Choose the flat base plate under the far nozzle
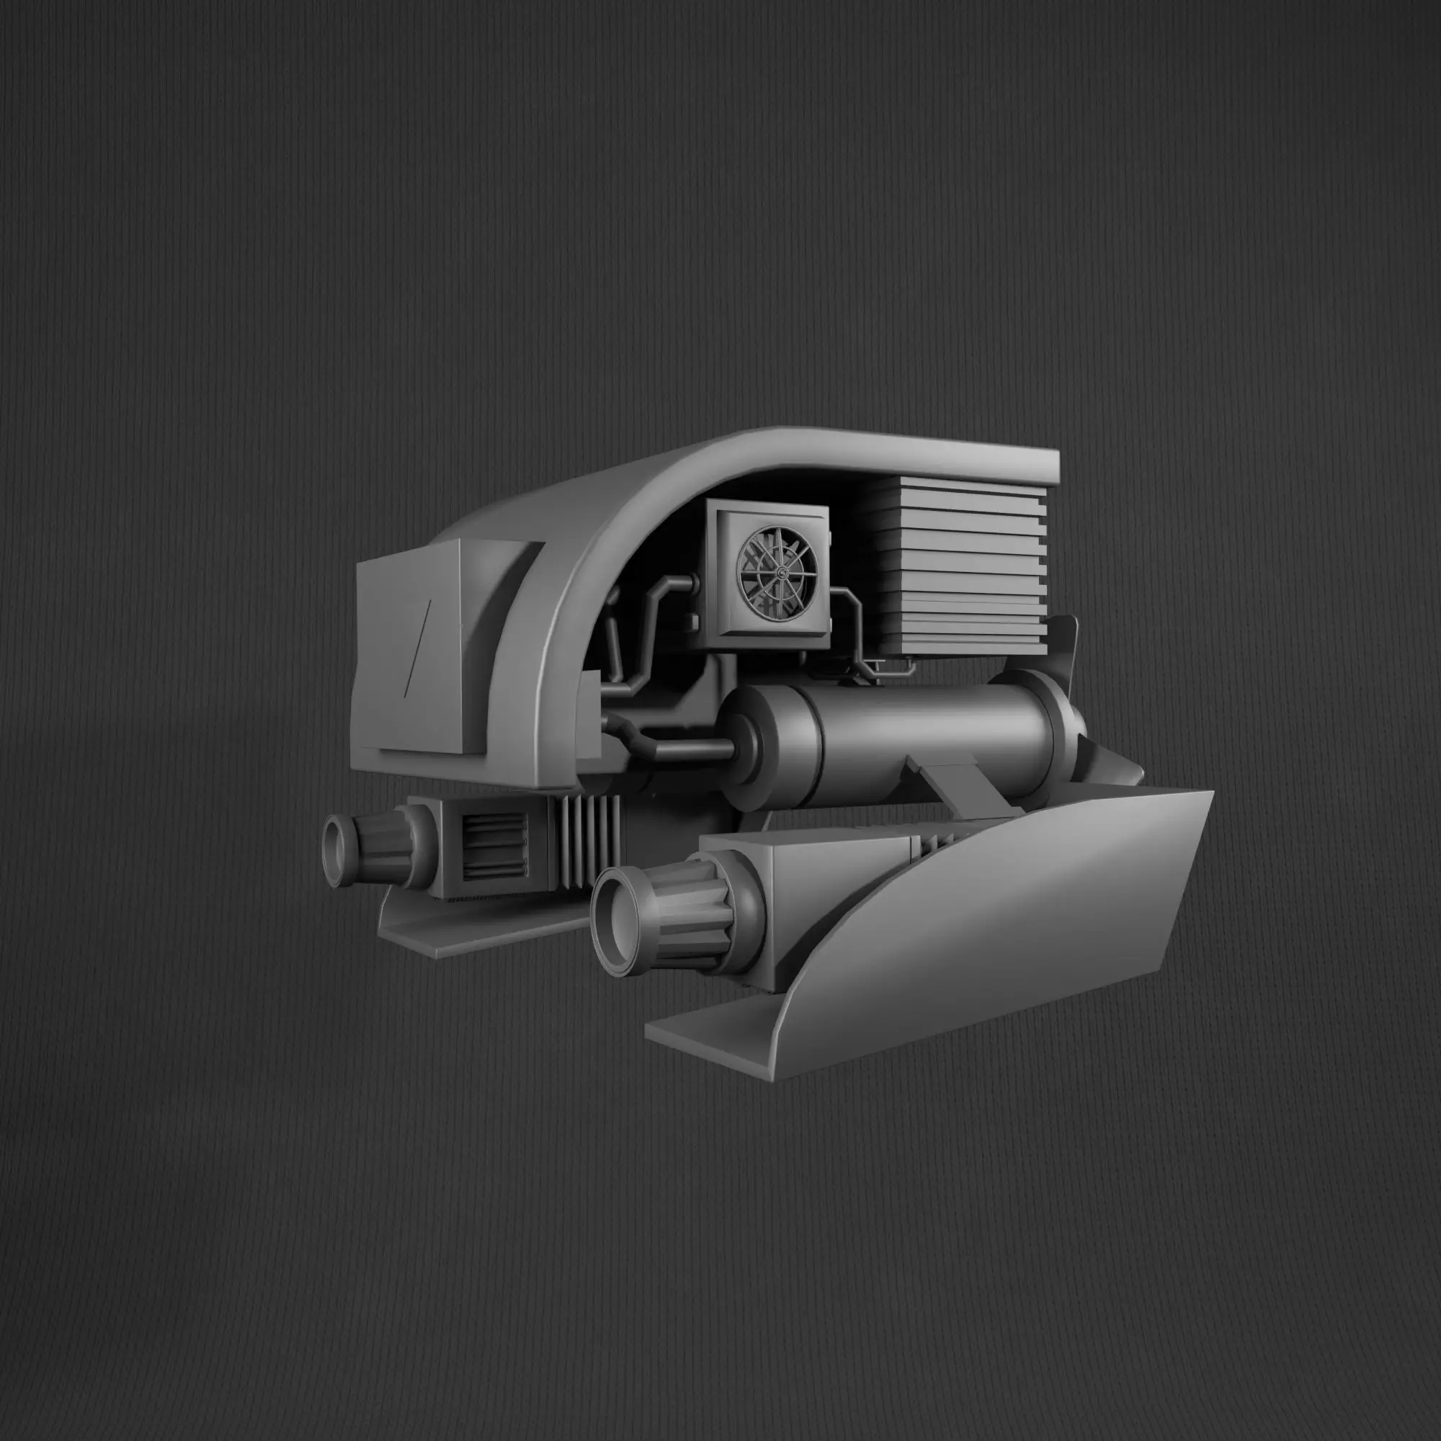pos(478,932)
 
